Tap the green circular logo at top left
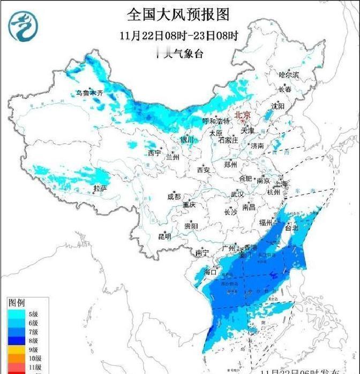(23, 26)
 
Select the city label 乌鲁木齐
(89, 93)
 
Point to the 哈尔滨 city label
(289, 75)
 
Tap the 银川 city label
(186, 140)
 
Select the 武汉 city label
(237, 194)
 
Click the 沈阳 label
(278, 106)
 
